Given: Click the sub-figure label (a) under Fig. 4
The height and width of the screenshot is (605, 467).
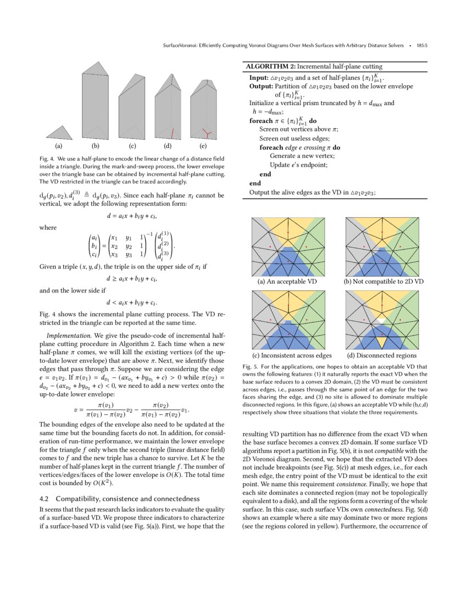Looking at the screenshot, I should (58, 146).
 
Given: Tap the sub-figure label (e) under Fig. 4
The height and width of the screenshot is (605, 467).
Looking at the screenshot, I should (203, 146).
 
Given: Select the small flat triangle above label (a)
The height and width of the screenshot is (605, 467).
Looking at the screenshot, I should (59, 133).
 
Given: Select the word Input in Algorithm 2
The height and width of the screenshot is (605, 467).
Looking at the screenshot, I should (258, 78).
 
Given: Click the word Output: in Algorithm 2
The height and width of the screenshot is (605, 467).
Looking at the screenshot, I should (261, 86).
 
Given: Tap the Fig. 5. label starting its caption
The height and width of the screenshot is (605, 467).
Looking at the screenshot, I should (250, 366).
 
